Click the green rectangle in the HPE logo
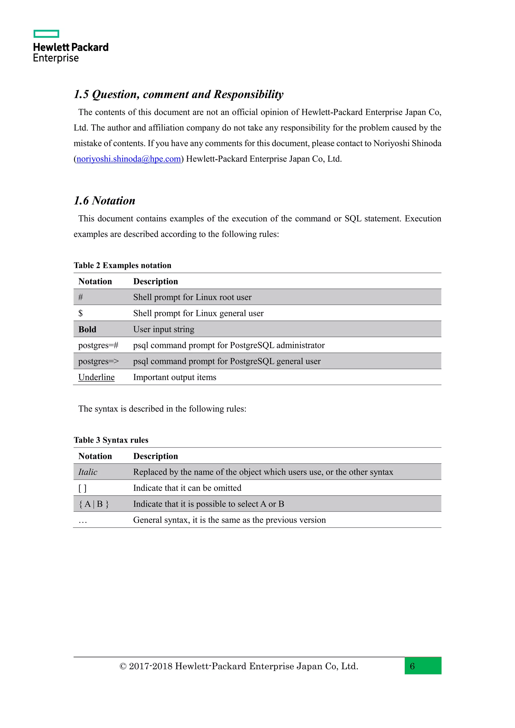[46, 34]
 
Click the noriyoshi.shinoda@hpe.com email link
[128, 159]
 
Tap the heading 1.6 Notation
[104, 201]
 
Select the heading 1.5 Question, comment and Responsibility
[178, 95]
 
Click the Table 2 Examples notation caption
[122, 265]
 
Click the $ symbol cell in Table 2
[80, 313]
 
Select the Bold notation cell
[87, 330]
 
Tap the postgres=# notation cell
[98, 345]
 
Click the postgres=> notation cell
[98, 361]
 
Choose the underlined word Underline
[96, 377]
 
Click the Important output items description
[175, 377]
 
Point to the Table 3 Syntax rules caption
[111, 440]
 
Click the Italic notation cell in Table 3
[88, 472]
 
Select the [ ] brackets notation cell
[82, 488]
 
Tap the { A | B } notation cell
[94, 504]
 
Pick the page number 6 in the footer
[412, 666]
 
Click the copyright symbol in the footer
[123, 666]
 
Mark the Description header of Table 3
[155, 456]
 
